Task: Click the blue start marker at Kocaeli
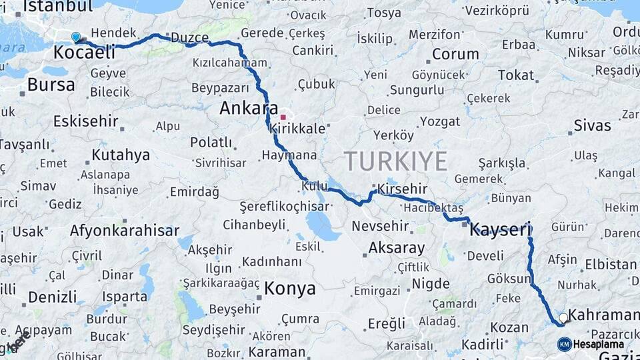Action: [75, 37]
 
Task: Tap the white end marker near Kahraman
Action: [563, 318]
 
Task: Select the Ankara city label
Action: [249, 108]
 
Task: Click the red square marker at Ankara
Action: [283, 117]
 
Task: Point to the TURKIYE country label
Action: [395, 161]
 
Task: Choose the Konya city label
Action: [289, 289]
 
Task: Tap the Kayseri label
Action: [500, 231]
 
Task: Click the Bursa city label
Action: [51, 85]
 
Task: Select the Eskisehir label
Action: [86, 121]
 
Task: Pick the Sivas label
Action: [592, 125]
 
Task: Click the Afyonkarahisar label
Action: [125, 231]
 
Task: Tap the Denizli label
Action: [53, 296]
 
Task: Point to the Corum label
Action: [455, 54]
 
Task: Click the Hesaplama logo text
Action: [599, 345]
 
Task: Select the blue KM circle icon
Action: [565, 344]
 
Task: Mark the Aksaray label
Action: [397, 248]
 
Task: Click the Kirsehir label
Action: [402, 189]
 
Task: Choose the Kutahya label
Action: [121, 155]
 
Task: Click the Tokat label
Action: [515, 75]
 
